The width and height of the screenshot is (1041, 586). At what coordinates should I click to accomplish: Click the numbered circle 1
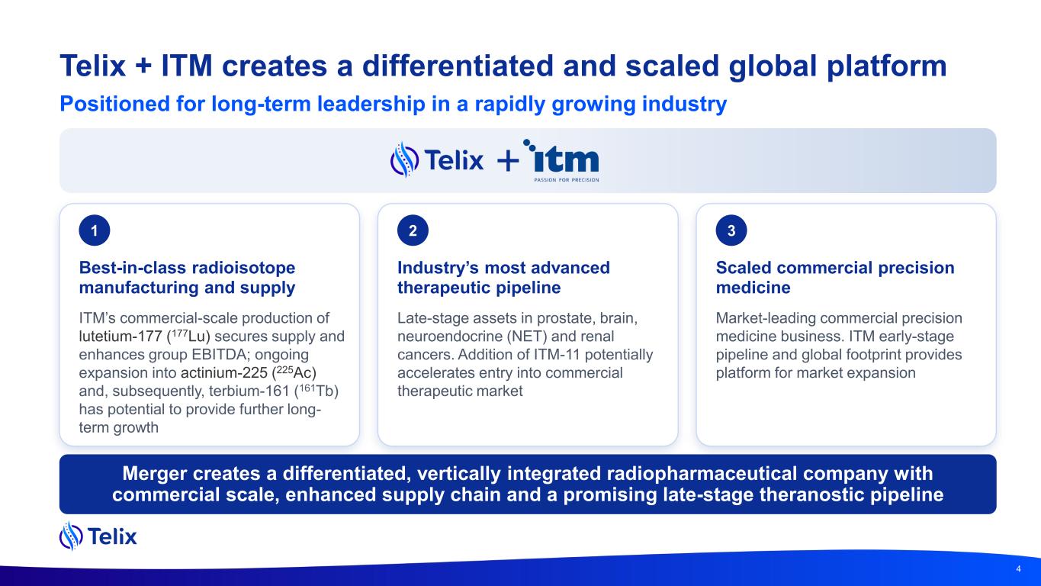coord(95,230)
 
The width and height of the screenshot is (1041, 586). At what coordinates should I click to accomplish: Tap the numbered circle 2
coord(413,230)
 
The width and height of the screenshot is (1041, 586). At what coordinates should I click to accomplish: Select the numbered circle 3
coord(731,230)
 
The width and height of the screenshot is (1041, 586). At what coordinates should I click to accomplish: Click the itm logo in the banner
coord(561,160)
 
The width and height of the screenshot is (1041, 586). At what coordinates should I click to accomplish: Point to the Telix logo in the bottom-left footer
coord(98,536)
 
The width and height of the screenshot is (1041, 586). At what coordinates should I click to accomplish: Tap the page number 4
coord(1018,568)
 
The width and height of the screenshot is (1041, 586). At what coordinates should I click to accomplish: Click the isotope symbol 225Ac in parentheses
coord(294,372)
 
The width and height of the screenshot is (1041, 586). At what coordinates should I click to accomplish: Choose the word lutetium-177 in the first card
coord(120,336)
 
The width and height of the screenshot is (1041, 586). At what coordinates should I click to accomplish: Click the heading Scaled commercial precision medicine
coord(835,278)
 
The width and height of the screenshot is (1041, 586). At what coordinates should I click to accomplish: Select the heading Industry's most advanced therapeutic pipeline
coord(503,278)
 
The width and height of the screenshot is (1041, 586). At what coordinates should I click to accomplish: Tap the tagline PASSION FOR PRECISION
coord(567,179)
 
